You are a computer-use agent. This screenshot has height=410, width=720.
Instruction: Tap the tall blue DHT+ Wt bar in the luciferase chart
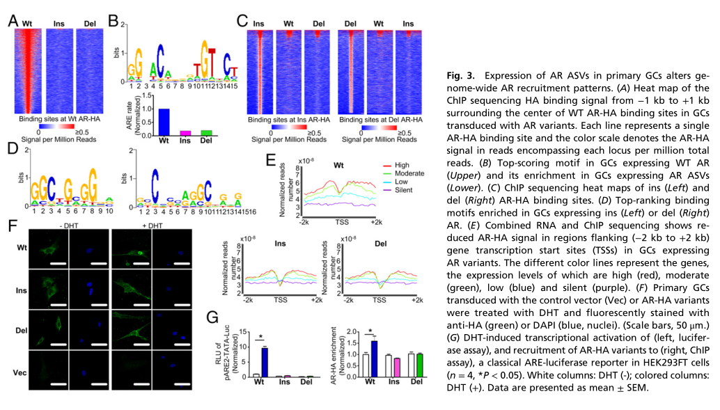pos(265,361)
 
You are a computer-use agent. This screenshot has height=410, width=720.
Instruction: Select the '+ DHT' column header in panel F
pos(137,226)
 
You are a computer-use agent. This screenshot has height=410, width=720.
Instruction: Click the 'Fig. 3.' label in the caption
pos(460,75)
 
